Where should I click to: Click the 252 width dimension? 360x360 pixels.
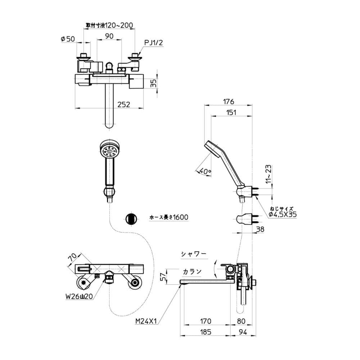123,104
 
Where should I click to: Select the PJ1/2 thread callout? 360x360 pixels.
154,43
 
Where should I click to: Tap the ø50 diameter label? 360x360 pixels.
68,39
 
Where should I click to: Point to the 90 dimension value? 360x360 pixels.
109,36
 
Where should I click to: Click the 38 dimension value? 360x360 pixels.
260,229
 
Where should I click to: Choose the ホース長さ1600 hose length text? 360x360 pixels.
169,217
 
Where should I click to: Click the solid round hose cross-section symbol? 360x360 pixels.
131,218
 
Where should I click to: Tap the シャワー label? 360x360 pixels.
194,254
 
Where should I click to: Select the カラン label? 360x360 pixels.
192,271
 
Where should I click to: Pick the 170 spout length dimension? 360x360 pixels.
206,321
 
